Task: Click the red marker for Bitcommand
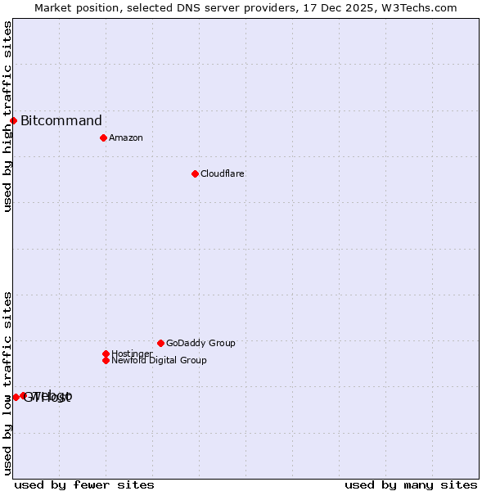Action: [x=13, y=121]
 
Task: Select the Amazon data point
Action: [x=103, y=137]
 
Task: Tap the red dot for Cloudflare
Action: [x=195, y=173]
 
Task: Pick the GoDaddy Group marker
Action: [x=160, y=343]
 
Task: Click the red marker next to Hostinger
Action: [x=106, y=354]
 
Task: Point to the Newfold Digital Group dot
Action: [x=106, y=360]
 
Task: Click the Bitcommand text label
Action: [x=61, y=121]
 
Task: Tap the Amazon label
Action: [x=126, y=137]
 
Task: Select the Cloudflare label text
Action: [x=223, y=173]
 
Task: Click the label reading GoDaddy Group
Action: [x=200, y=343]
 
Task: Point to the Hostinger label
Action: [x=132, y=354]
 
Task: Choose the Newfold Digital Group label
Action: [x=160, y=360]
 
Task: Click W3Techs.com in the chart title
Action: [x=417, y=7]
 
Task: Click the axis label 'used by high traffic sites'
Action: [x=7, y=116]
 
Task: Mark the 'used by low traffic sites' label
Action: [x=7, y=383]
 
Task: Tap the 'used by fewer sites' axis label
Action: [x=84, y=484]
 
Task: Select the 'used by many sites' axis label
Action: [x=411, y=484]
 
